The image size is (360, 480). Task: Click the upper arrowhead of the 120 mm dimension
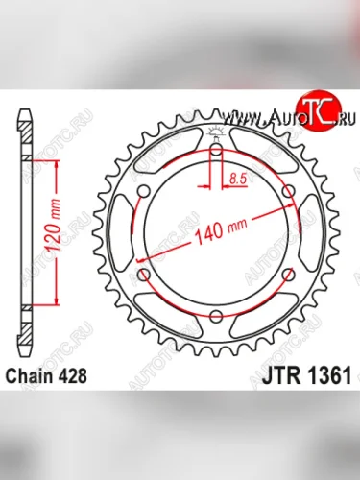click(x=58, y=166)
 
